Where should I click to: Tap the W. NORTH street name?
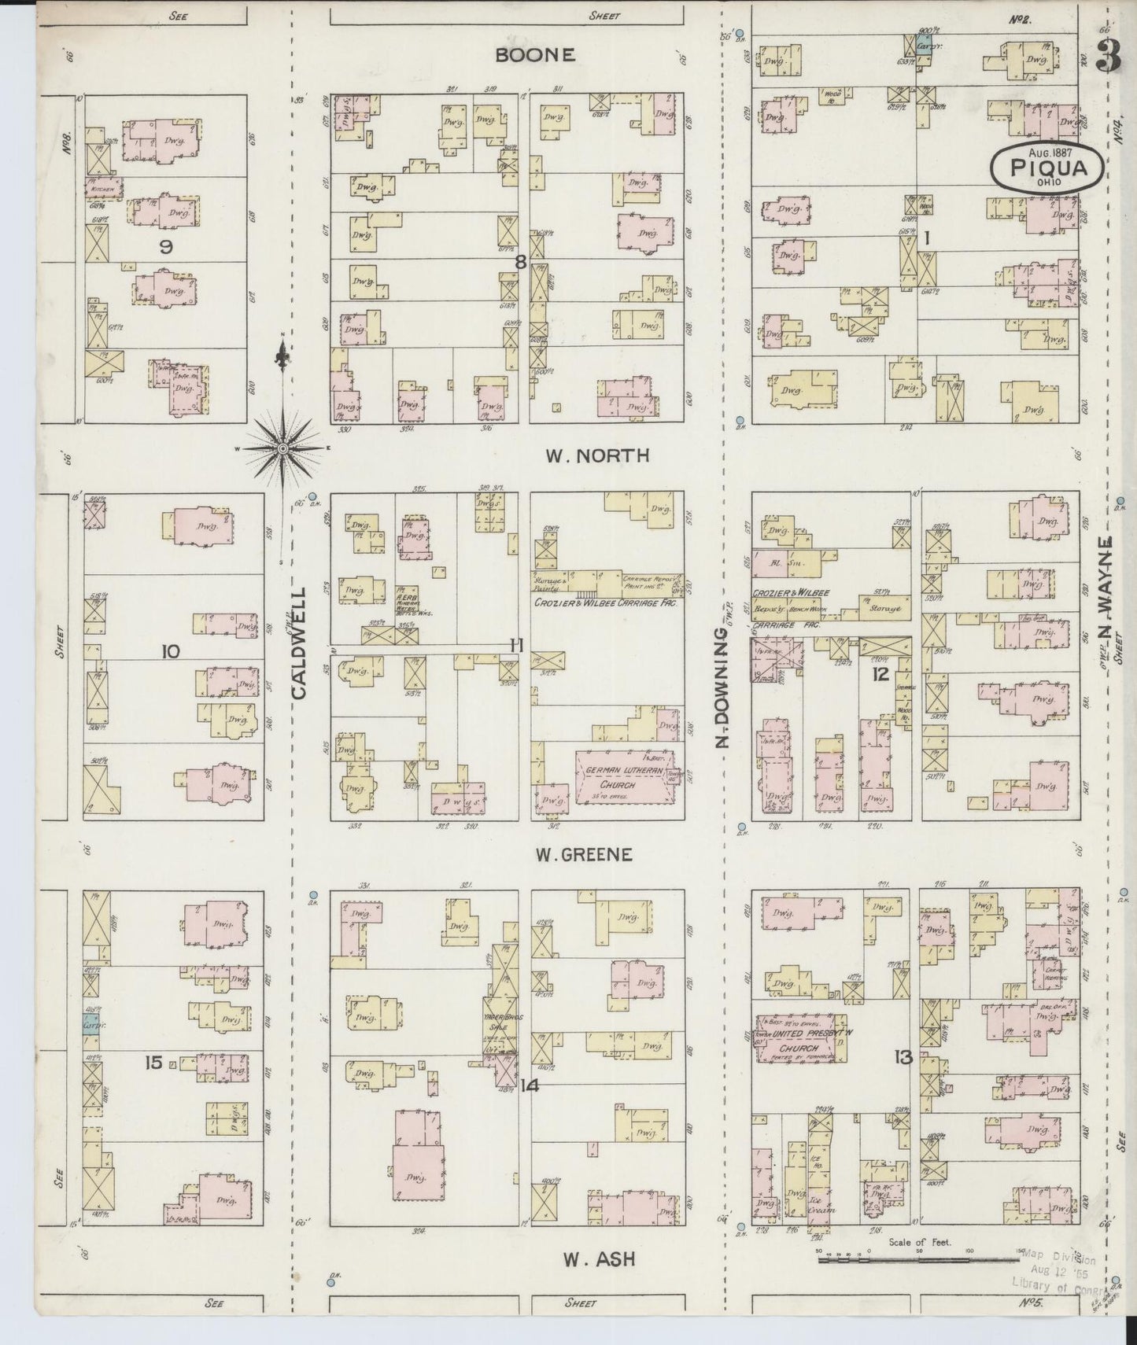tap(597, 456)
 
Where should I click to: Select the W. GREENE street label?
tap(586, 855)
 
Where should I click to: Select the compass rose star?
tap(282, 448)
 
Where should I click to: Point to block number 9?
tap(165, 247)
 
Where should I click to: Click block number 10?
tap(170, 651)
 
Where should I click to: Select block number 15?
tap(153, 1063)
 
